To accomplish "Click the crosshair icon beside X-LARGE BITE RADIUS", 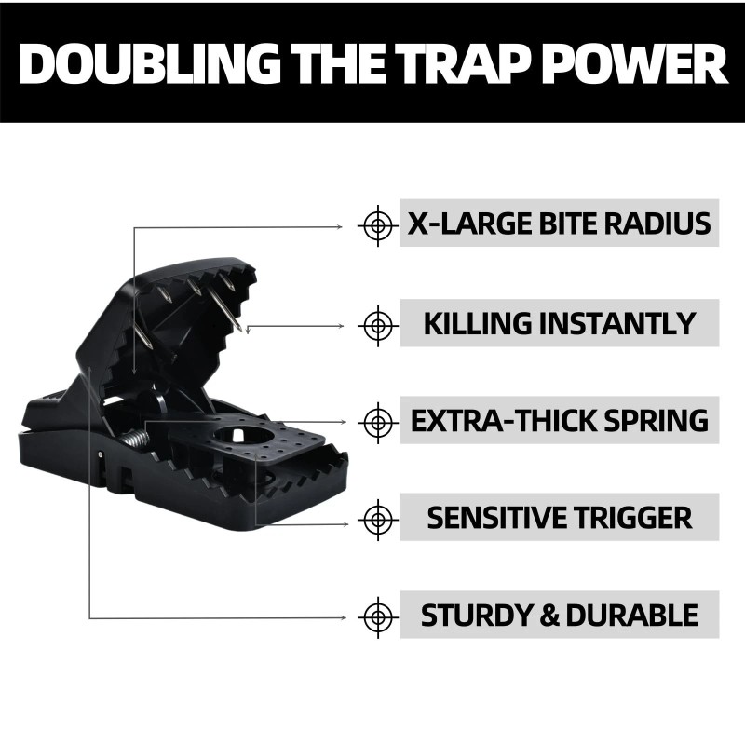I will pyautogui.click(x=377, y=224).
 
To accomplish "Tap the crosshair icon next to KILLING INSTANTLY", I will pyautogui.click(x=377, y=324).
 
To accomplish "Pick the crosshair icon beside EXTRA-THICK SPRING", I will pyautogui.click(x=377, y=421).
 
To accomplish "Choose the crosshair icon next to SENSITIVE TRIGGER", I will pyautogui.click(x=377, y=518).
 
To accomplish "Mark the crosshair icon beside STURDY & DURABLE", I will pyautogui.click(x=377, y=616).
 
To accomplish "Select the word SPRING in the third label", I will pyautogui.click(x=652, y=420).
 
